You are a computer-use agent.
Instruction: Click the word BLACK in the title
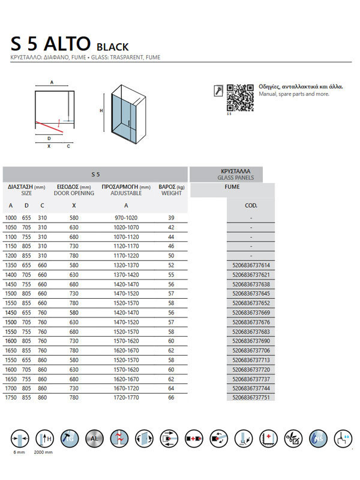point(112,46)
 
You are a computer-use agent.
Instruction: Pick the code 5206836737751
point(251,398)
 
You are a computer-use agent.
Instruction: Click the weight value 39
point(171,217)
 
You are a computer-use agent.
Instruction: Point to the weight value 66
point(171,398)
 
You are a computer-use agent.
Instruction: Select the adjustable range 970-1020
point(126,217)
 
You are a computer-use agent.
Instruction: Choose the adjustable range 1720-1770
point(126,398)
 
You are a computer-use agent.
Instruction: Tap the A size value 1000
point(11,217)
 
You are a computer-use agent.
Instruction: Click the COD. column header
point(251,205)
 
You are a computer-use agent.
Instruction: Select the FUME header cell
point(232,187)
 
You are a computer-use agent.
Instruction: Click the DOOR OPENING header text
point(74,193)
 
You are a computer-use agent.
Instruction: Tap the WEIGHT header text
point(171,193)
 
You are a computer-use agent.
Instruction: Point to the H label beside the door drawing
point(102,110)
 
